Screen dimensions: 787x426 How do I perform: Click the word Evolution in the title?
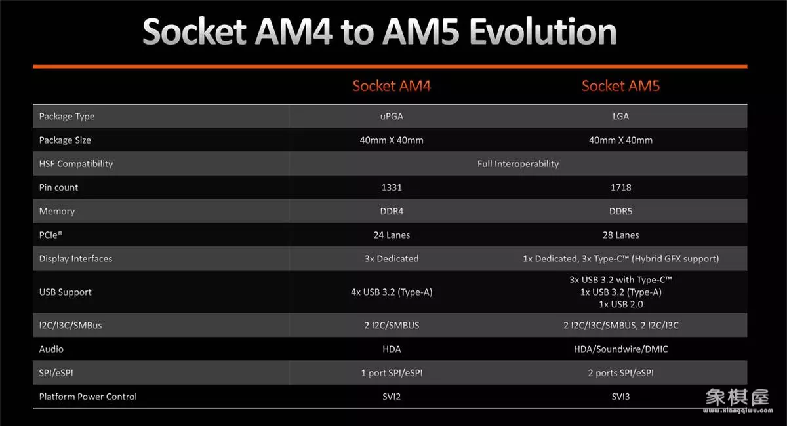543,31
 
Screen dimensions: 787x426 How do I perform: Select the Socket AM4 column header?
392,86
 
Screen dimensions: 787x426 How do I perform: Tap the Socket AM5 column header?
621,86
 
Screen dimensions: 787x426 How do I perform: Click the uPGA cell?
392,116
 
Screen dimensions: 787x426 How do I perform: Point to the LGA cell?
621,116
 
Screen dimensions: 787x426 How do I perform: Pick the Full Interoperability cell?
518,164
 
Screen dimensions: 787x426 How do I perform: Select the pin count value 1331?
392,187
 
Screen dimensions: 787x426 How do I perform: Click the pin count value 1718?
621,187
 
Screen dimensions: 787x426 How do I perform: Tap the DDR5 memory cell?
621,211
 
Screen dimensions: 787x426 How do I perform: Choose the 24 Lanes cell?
392,235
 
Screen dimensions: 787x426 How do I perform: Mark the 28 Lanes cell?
621,235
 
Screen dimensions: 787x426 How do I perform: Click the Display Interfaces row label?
75,259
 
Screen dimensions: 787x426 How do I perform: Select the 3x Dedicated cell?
392,259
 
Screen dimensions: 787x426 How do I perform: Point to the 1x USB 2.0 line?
621,304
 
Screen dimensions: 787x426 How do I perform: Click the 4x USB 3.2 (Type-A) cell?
392,292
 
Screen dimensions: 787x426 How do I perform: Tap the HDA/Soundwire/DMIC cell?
621,349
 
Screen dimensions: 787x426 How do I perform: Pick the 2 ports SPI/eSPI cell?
621,373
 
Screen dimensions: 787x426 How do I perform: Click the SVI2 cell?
392,397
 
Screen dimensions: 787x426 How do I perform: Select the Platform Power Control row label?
88,397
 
